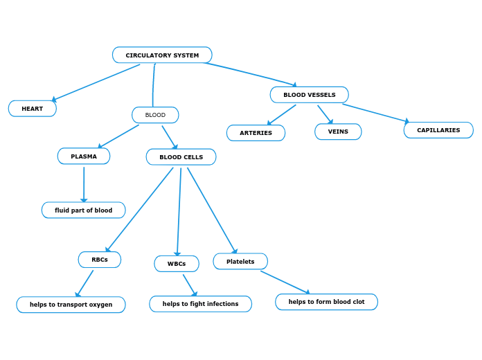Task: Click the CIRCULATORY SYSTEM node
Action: point(162,55)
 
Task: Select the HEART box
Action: point(33,109)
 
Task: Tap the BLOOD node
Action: point(155,115)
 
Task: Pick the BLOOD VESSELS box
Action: point(309,95)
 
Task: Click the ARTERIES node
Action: point(256,133)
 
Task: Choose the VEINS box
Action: point(338,132)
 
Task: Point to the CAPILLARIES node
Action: point(438,130)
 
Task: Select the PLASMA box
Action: point(84,156)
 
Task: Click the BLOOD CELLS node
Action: point(181,157)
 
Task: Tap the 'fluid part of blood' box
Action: point(83,210)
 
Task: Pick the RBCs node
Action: point(99,260)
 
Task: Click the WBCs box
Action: point(177,264)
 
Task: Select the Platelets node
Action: point(240,262)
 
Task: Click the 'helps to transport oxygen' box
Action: point(71,305)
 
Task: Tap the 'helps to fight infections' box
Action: point(200,304)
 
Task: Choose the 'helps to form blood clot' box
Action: point(326,302)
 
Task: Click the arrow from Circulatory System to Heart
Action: point(96,82)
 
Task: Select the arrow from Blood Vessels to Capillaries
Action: point(375,113)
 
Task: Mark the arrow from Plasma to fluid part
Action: point(84,183)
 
